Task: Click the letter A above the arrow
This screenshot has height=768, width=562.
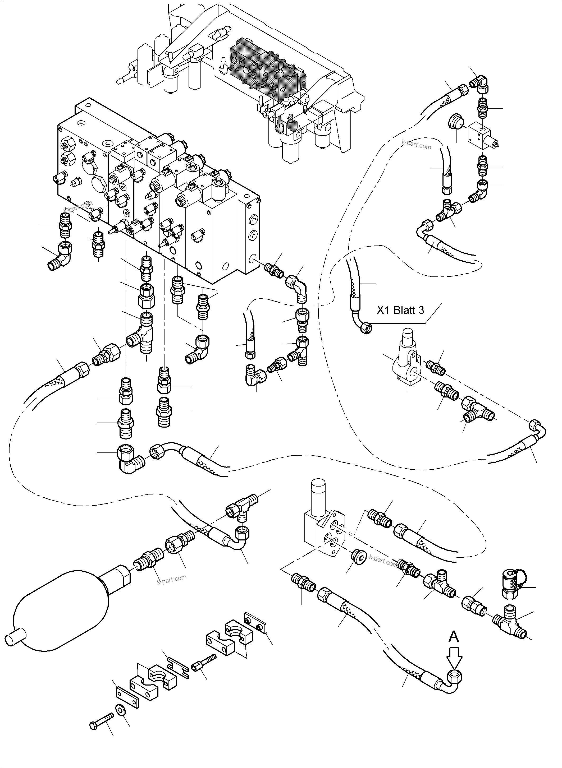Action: click(454, 636)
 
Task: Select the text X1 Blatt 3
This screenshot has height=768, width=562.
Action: click(400, 310)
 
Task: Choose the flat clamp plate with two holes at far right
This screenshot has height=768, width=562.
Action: click(256, 623)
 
